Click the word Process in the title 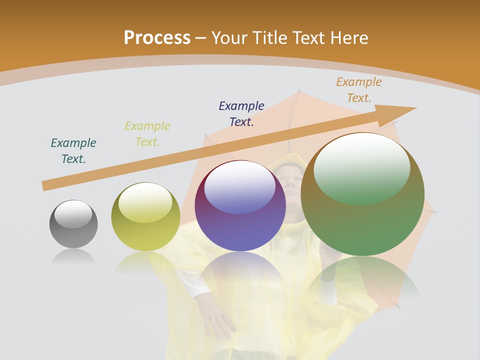click(x=157, y=37)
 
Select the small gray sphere click(x=73, y=224)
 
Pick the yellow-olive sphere click(x=145, y=216)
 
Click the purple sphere click(x=240, y=205)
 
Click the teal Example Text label click(x=73, y=151)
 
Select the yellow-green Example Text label click(x=147, y=134)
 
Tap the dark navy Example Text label click(x=241, y=113)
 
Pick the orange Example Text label click(x=359, y=90)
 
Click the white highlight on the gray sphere click(x=73, y=214)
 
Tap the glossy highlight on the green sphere click(x=361, y=168)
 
